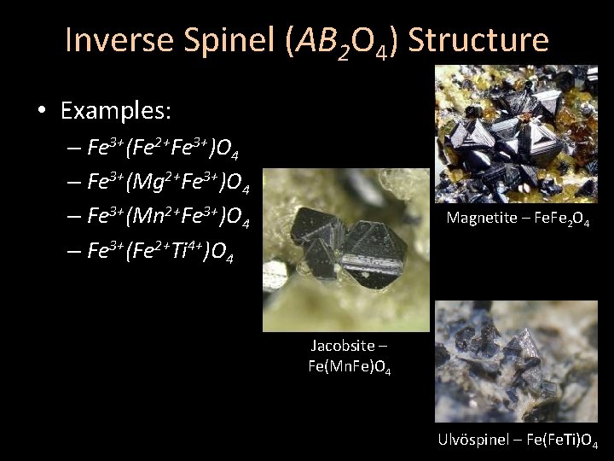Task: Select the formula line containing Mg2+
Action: [168, 183]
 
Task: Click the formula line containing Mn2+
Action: [168, 218]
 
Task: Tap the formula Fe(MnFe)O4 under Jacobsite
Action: [350, 367]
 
